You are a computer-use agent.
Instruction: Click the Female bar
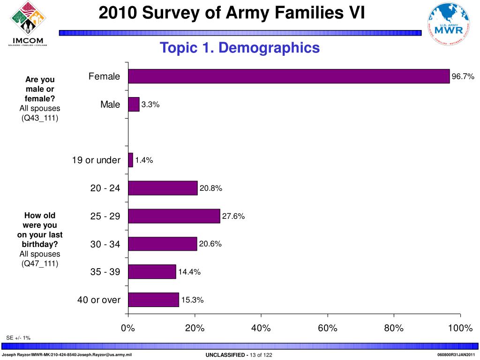pyautogui.click(x=288, y=76)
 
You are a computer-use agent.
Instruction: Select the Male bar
pyautogui.click(x=134, y=104)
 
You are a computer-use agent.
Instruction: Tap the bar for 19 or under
pyautogui.click(x=130, y=160)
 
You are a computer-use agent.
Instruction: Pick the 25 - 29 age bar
pyautogui.click(x=174, y=216)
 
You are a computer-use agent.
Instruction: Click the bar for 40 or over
pyautogui.click(x=153, y=300)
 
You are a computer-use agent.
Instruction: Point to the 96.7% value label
pyautogui.click(x=463, y=76)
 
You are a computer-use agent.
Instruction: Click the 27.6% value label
pyautogui.click(x=233, y=216)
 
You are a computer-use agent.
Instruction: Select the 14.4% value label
pyautogui.click(x=189, y=272)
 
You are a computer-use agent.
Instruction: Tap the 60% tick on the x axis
pyautogui.click(x=327, y=328)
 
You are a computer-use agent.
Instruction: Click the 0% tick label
pyautogui.click(x=128, y=328)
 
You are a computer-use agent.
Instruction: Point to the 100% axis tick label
pyautogui.click(x=459, y=328)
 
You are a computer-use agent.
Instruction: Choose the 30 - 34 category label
pyautogui.click(x=105, y=244)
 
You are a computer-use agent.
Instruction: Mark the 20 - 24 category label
pyautogui.click(x=105, y=188)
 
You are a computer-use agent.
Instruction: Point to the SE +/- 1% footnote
pyautogui.click(x=18, y=338)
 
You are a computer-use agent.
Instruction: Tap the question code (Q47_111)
pyautogui.click(x=40, y=263)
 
